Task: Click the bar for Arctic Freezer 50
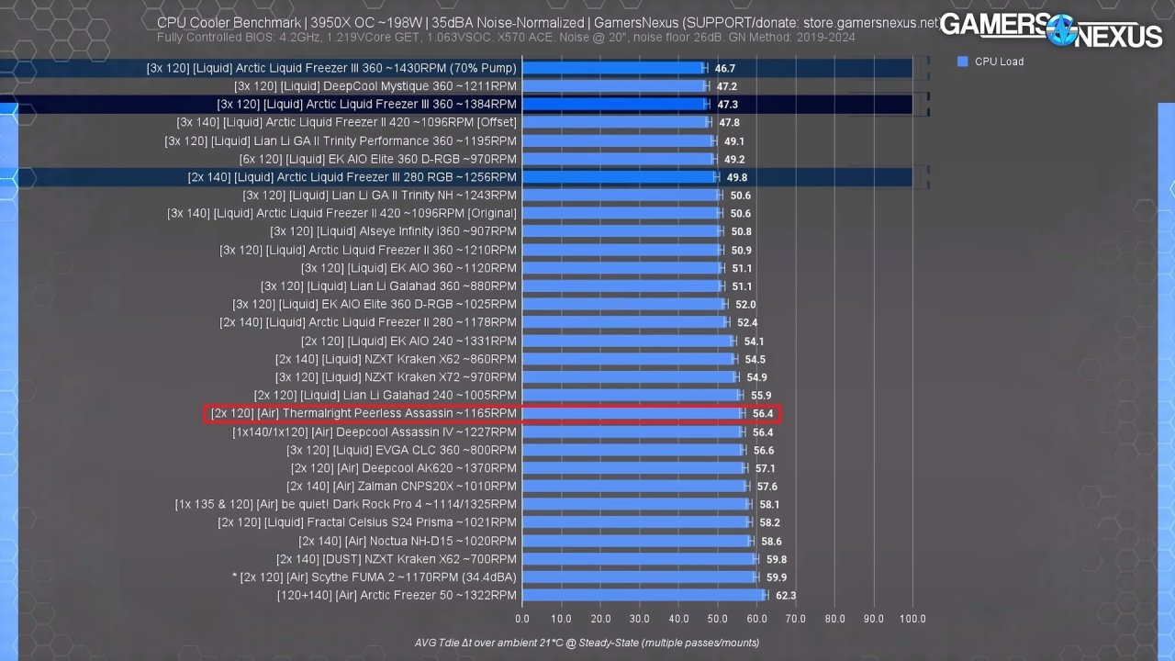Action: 643,595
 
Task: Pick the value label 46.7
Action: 725,68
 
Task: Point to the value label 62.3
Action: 786,595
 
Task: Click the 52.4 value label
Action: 746,322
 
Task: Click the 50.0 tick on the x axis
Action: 718,619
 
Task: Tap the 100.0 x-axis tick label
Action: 912,619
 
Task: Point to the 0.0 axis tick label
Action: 523,619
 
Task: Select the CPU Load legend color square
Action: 963,62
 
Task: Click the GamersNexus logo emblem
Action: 1061,29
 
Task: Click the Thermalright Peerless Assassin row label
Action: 364,413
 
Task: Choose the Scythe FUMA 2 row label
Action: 375,577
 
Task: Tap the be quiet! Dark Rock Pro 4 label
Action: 345,504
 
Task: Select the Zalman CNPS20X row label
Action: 401,486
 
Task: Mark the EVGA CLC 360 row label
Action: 401,450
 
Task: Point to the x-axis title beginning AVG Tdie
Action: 587,643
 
